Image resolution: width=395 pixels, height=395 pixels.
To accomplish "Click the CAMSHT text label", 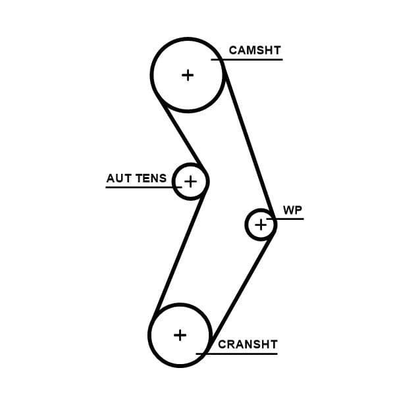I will coord(255,50).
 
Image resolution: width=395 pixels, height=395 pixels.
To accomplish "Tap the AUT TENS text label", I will coord(136,178).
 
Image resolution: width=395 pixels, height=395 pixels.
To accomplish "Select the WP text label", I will coord(292,210).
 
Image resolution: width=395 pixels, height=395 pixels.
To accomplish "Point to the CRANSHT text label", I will coord(248,344).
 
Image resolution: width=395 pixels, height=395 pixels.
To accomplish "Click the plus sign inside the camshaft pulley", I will coord(188,75).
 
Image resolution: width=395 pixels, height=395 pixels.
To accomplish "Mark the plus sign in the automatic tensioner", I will coord(190,180).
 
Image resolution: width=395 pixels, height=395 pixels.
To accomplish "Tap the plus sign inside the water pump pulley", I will coord(261,225).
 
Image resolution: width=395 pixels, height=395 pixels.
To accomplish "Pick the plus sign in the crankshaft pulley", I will coord(180,335).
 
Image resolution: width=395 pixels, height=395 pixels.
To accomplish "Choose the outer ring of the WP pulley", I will coord(247,225).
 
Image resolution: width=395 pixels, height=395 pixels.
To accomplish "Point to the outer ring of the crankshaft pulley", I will coord(149,335).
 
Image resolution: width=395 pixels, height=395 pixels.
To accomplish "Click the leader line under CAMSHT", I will coord(257,60).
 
